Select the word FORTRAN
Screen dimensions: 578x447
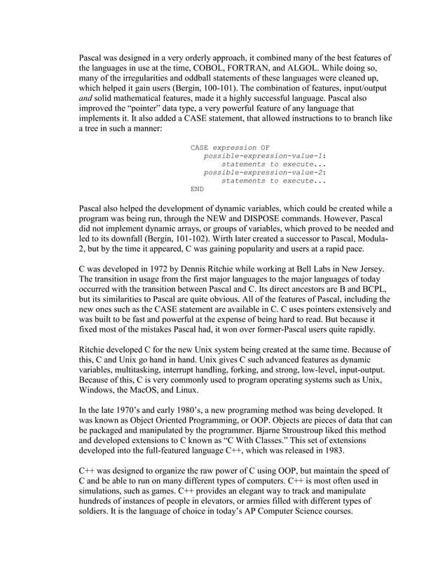tap(261, 69)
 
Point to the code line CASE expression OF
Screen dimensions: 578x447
tap(230, 147)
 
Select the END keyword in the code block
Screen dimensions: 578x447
tap(198, 188)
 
